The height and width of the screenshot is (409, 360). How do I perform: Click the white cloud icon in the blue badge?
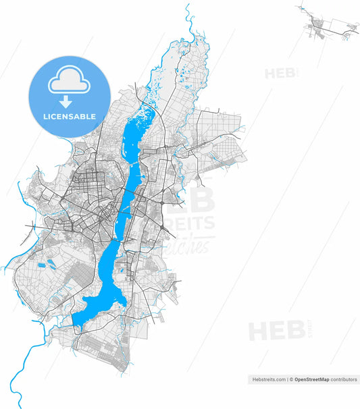click(68, 83)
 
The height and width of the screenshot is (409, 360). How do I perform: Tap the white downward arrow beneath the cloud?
click(66, 102)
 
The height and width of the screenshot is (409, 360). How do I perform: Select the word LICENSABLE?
click(70, 117)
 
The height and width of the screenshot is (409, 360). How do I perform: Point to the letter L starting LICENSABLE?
click(45, 117)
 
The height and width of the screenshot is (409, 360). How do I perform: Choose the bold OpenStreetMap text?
click(311, 380)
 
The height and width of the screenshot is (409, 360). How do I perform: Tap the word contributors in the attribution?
click(344, 380)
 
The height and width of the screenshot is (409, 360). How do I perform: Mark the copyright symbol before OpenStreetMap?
click(291, 380)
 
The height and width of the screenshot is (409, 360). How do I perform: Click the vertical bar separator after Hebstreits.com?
click(287, 380)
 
